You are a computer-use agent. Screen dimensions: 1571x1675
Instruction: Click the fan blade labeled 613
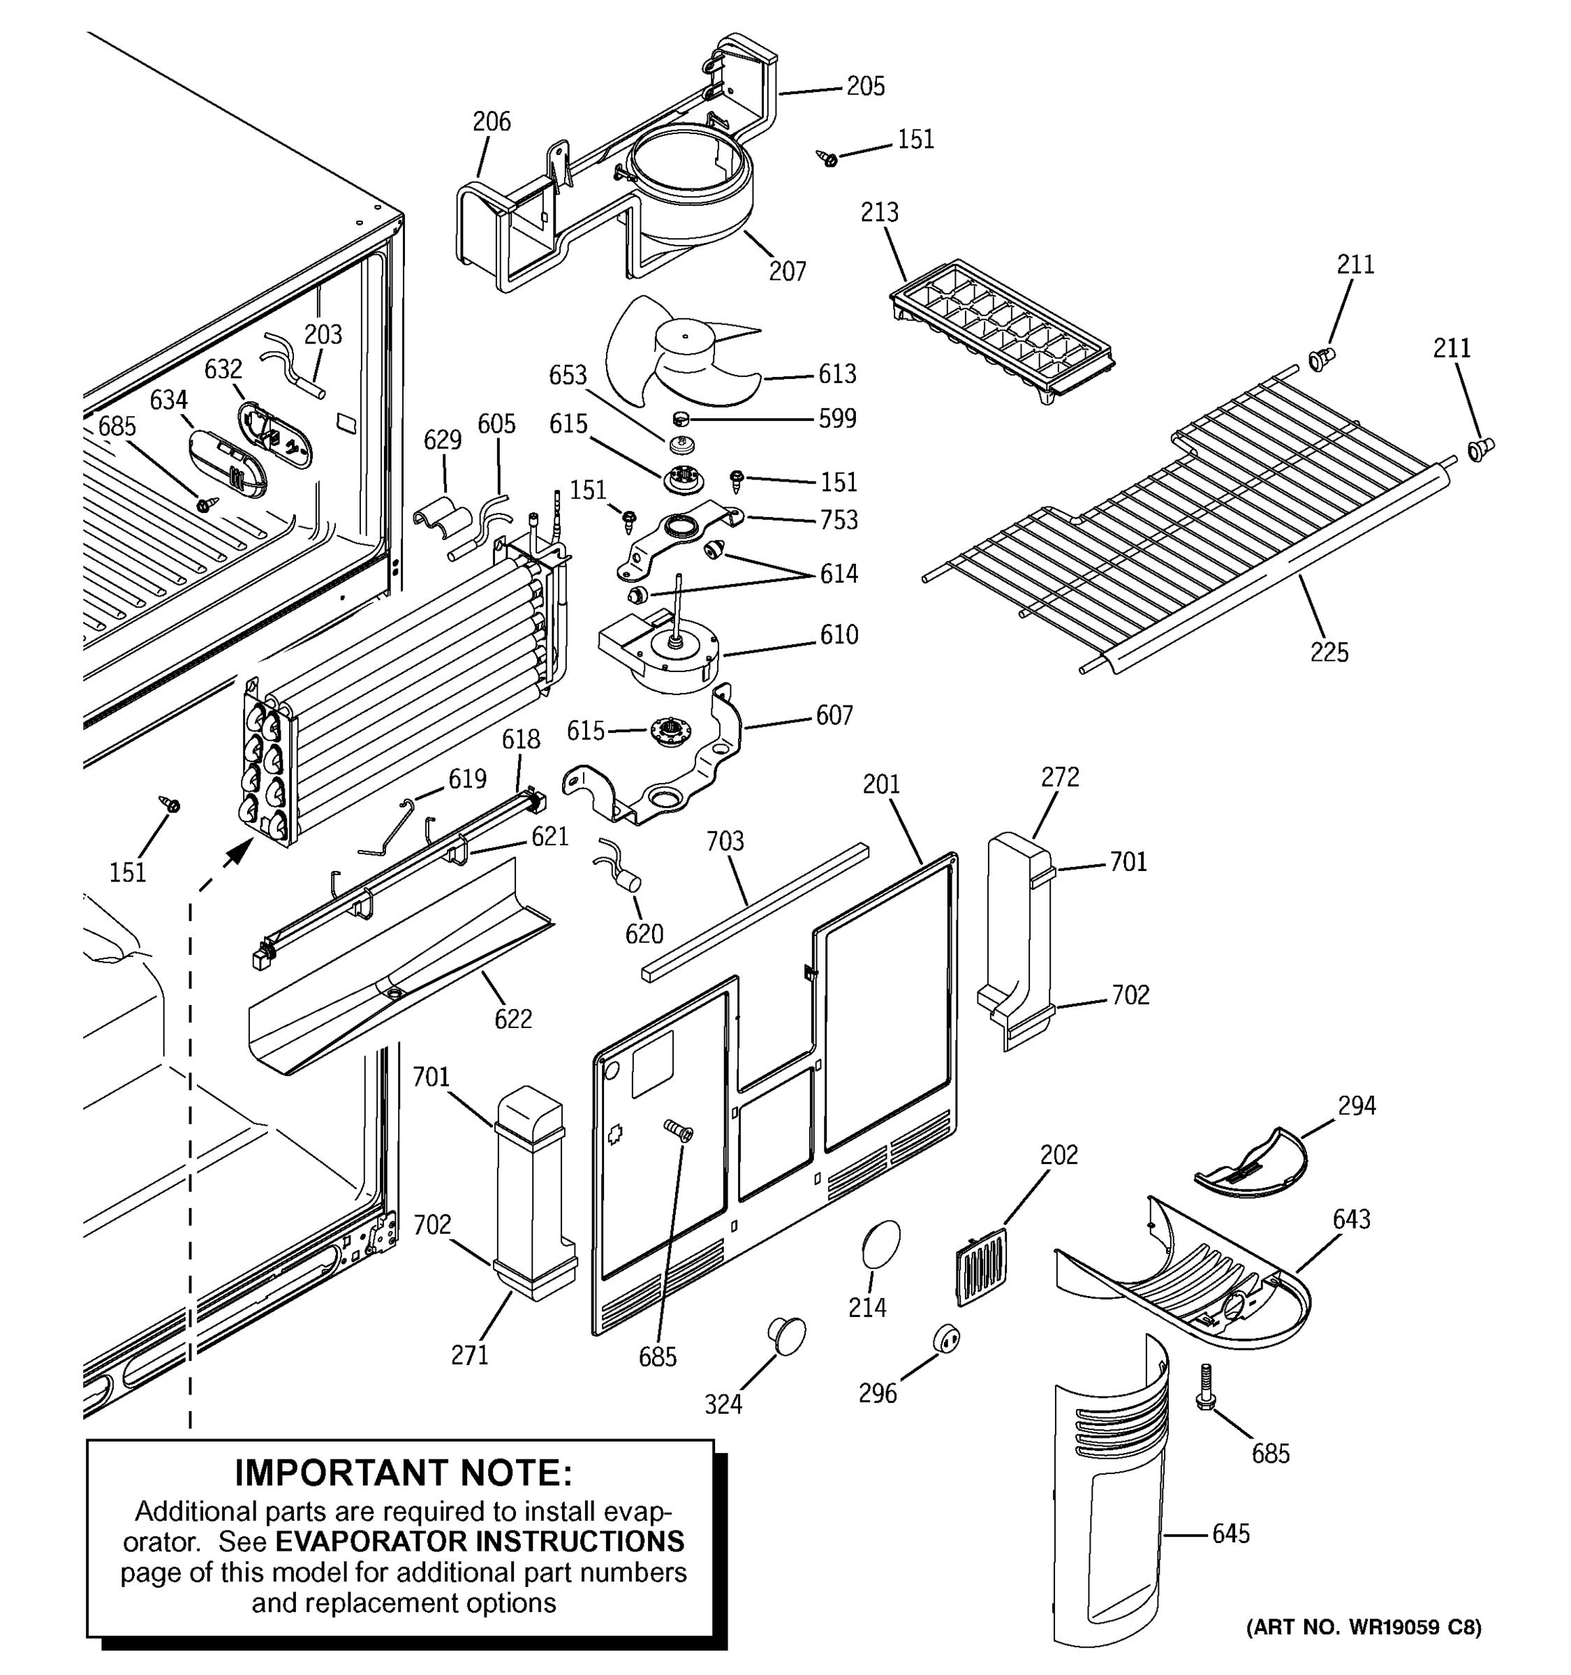tap(674, 354)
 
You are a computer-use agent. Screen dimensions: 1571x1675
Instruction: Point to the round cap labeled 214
tap(880, 1243)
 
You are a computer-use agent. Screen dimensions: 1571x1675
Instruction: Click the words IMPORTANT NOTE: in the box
tap(403, 1473)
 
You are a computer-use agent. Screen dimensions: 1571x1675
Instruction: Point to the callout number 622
tap(512, 1020)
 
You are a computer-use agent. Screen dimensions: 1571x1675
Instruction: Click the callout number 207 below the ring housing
tap(786, 271)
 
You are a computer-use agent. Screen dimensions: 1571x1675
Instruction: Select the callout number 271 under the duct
tap(469, 1355)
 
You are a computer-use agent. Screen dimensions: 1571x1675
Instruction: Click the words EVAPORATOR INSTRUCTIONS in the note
tap(480, 1542)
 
